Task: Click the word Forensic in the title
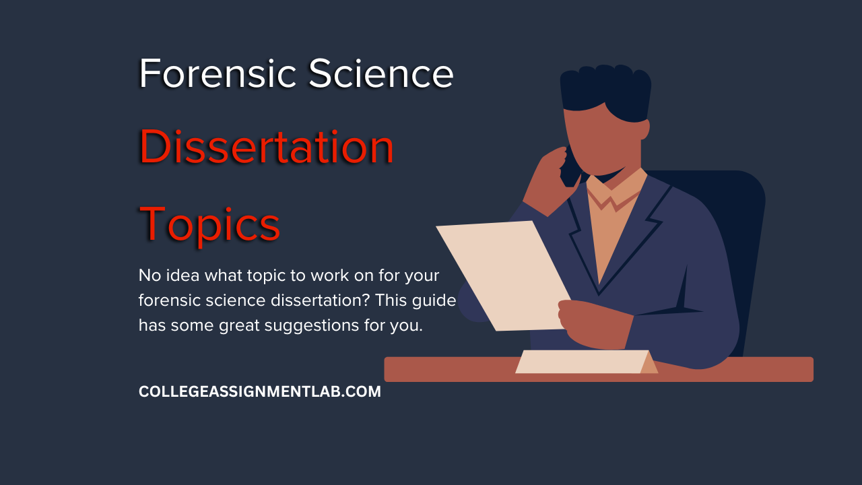pos(218,73)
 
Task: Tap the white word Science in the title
pos(381,73)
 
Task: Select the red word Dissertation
pos(267,147)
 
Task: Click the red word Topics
pos(209,225)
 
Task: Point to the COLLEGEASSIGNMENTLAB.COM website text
pos(260,391)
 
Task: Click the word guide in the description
pos(434,301)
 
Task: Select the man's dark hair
pos(605,92)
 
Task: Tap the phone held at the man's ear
pos(570,168)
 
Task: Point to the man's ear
pos(645,129)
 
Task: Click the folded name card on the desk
pos(586,362)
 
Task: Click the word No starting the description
pos(150,276)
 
